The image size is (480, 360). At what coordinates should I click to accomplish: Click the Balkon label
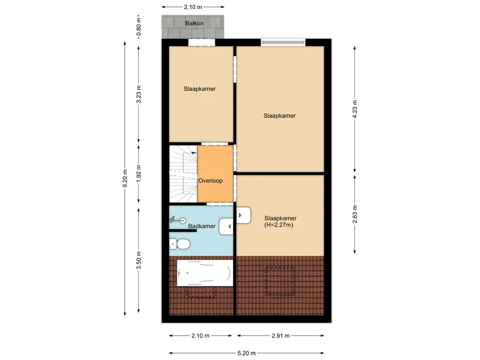[x=194, y=22]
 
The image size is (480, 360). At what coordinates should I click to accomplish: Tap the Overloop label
[x=210, y=180]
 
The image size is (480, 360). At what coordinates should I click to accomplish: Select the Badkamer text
[x=202, y=226]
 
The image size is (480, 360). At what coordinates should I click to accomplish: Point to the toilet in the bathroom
[x=180, y=244]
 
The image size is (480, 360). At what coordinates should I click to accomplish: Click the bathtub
[x=204, y=273]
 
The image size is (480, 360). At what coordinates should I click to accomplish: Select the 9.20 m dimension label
[x=125, y=178]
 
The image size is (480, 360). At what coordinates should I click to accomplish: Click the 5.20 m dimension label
[x=247, y=353]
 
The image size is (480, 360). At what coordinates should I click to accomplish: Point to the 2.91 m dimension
[x=280, y=336]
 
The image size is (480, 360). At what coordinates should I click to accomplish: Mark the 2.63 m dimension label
[x=355, y=214]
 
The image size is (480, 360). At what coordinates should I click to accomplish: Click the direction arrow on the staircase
[x=194, y=153]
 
